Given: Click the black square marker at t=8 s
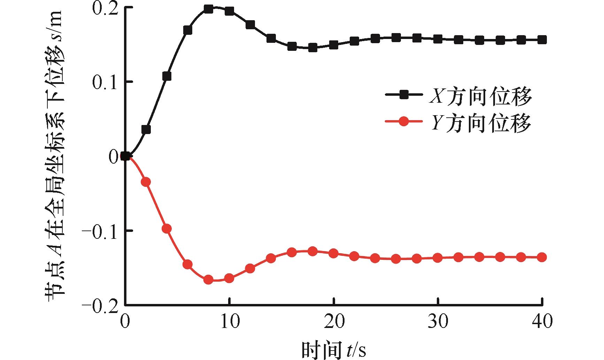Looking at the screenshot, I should click(x=208, y=9).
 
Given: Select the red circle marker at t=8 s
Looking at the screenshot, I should click(x=208, y=280).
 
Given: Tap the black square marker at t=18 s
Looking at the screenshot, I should click(x=312, y=48).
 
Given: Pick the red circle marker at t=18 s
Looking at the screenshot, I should click(x=312, y=251).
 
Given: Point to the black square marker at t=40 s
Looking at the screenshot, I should click(x=542, y=40).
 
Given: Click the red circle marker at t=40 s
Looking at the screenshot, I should click(x=542, y=257).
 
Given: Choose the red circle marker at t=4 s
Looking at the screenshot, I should click(x=167, y=229).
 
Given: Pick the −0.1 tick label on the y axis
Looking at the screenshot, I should click(x=101, y=230).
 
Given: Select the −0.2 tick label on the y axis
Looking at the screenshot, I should click(x=101, y=305).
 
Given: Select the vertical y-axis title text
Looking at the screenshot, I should click(x=54, y=153).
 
